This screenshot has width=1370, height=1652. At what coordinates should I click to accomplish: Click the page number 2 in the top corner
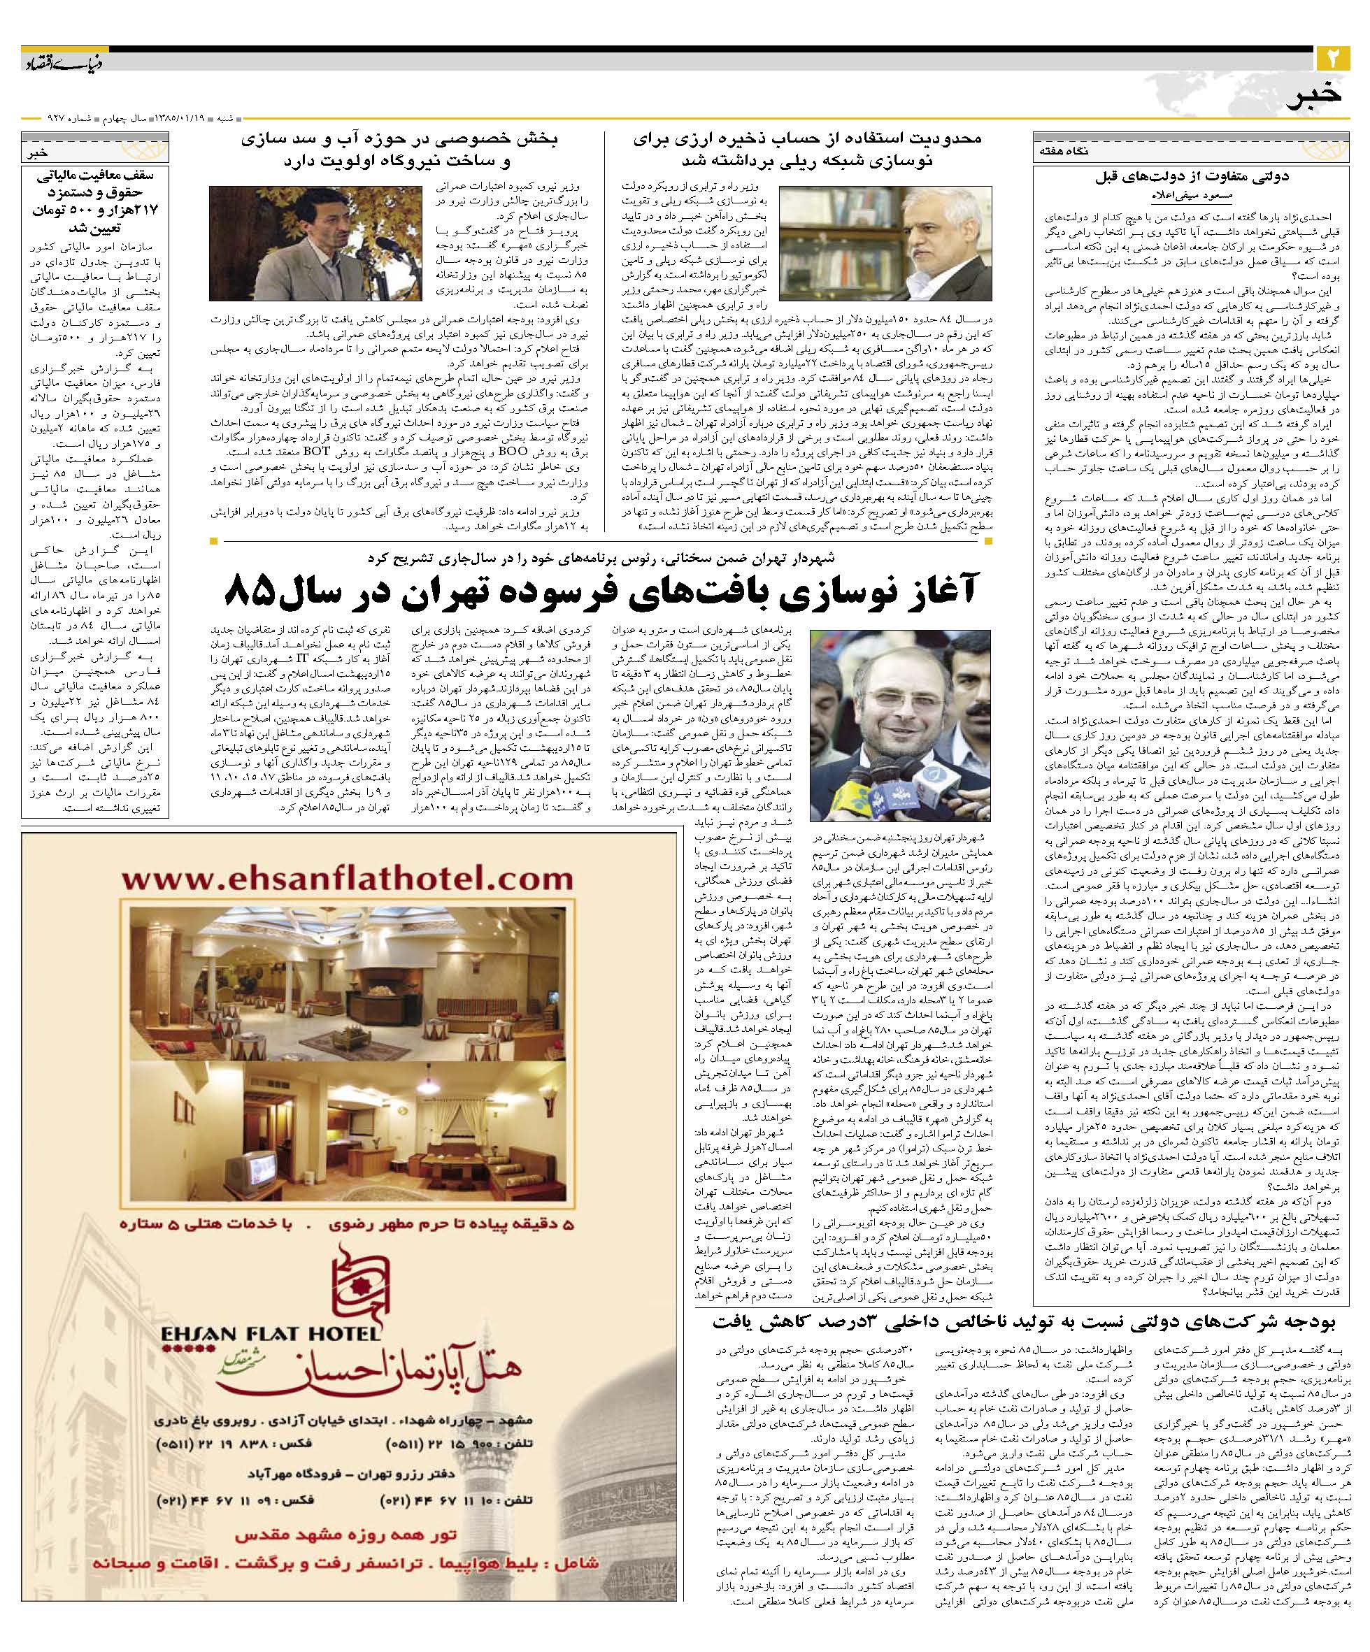point(1332,59)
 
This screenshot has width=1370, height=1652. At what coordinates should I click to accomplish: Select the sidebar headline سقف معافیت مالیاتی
point(95,200)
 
